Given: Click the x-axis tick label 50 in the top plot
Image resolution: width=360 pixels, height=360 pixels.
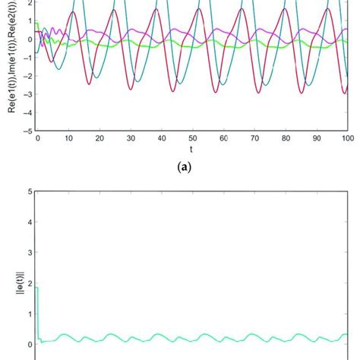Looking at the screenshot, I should [193, 139].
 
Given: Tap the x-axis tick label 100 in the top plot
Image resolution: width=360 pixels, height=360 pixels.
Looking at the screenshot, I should [348, 139].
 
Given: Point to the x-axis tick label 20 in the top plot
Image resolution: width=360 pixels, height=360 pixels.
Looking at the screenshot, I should [99, 139].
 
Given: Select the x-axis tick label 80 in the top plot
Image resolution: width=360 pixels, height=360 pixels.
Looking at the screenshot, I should [286, 139].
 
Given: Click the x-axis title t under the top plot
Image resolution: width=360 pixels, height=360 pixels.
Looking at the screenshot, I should [193, 150].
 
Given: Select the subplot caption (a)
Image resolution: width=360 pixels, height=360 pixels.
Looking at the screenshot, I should [193, 172].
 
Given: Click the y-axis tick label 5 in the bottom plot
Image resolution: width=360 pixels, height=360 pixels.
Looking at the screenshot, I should [29, 191].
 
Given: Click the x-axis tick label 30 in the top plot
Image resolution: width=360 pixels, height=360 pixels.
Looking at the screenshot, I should [131, 139].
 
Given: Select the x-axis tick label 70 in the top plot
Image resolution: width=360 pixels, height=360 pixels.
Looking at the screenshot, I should [255, 139].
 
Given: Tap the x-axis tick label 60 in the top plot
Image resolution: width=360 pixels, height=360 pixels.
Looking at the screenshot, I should [224, 139].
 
